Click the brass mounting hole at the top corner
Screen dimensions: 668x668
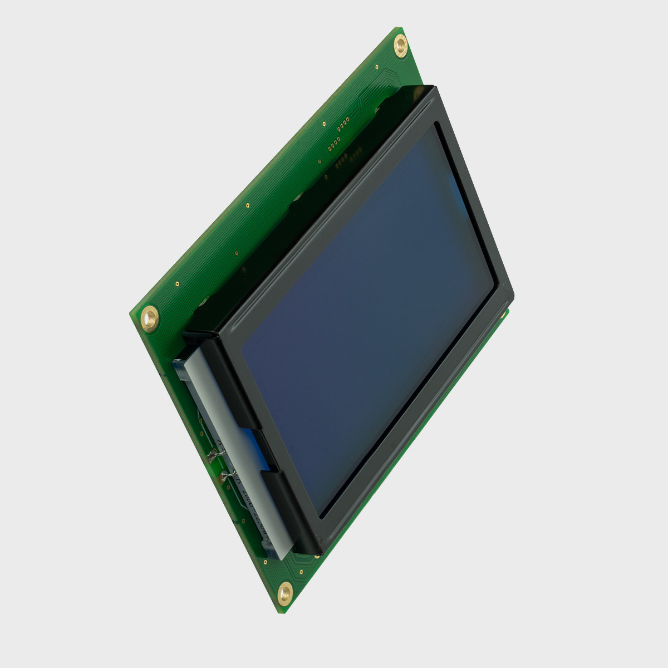(x=400, y=43)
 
